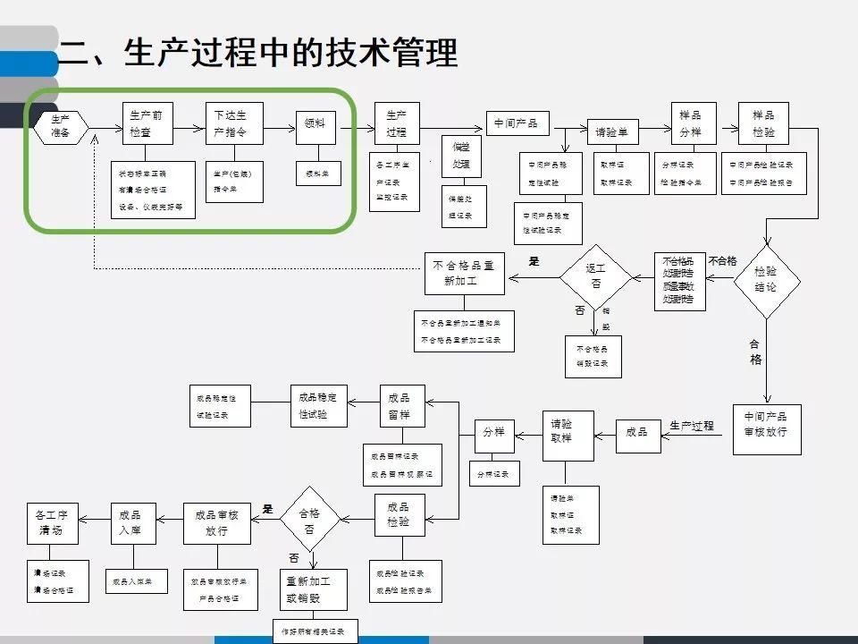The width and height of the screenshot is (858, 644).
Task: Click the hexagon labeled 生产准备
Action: tap(61, 126)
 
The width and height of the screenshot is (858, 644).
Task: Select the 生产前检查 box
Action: tap(147, 123)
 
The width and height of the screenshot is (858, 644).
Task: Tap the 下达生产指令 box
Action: tap(230, 123)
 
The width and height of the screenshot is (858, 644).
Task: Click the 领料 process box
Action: tap(315, 127)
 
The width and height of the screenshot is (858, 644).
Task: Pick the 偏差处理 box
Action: tap(461, 156)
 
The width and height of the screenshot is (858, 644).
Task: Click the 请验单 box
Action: tap(612, 131)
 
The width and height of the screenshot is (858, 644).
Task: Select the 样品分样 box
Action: tap(690, 123)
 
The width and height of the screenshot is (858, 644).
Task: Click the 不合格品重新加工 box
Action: tap(464, 273)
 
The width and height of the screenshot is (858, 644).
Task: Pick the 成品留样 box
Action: tap(400, 405)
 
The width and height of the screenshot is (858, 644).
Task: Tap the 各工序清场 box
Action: tap(57, 522)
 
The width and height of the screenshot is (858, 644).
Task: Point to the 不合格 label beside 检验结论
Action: tap(722, 261)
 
